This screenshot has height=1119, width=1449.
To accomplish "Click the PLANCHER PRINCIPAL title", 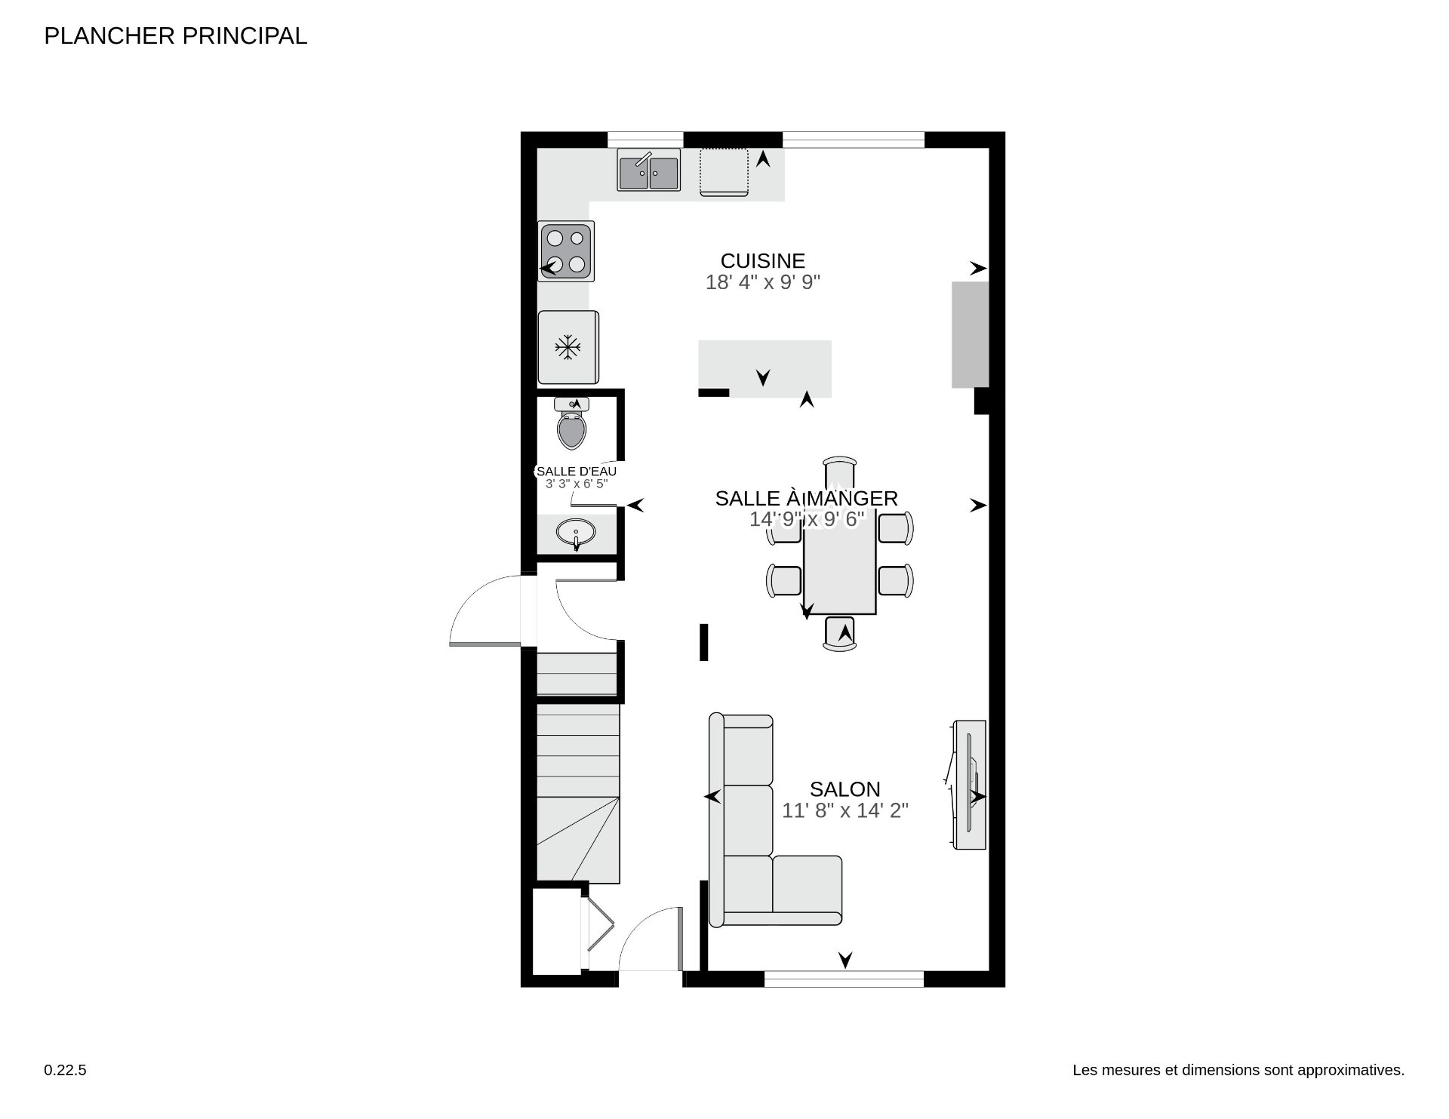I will pos(175,36).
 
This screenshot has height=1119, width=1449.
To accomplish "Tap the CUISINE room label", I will pos(762,261).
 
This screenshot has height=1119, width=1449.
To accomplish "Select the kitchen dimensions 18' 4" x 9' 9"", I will pos(762,282).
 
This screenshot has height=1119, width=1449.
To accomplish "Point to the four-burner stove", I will pos(566,251).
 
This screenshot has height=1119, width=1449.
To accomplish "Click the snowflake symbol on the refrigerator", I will pos(568,348).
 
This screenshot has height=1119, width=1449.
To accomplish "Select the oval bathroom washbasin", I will pos(576,533).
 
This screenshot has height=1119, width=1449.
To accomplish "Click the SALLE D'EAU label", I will pos(576,472).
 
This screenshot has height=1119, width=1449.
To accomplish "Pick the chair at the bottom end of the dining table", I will pos(840,633).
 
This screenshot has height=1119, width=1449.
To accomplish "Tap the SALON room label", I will pos(844,789).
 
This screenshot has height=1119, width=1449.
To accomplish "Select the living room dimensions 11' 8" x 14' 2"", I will pos(844,811).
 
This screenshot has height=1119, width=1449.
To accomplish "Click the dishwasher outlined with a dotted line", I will pos(724,172).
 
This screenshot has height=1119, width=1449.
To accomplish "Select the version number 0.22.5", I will pos(65,1070).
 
